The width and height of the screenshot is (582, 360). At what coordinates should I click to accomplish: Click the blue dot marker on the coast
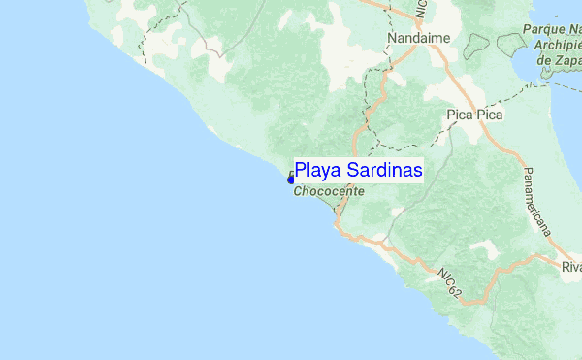[290, 179]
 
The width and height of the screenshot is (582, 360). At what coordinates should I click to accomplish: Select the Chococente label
[329, 192]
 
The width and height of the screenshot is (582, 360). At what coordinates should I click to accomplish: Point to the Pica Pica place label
[473, 115]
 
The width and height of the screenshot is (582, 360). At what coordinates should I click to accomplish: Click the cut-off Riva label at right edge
[571, 266]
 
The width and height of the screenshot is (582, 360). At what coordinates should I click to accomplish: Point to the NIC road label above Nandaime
[420, 14]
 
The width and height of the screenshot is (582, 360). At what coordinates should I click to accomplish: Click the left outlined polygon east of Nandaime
[477, 46]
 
